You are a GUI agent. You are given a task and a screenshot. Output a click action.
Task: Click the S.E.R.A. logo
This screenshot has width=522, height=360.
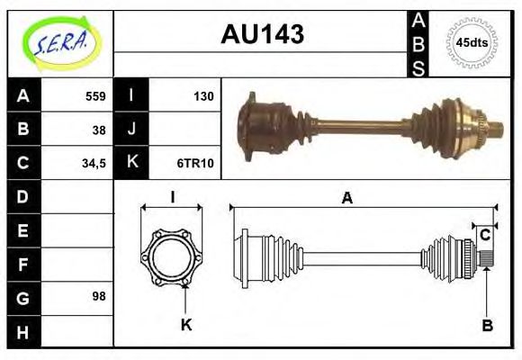pyautogui.click(x=60, y=41)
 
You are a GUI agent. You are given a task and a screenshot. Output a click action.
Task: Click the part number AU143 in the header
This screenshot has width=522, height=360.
pyautogui.click(x=262, y=35)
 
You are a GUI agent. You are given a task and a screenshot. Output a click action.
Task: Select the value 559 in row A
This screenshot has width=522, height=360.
pyautogui.click(x=95, y=96)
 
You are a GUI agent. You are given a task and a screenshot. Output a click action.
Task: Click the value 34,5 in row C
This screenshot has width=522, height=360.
pyautogui.click(x=94, y=163)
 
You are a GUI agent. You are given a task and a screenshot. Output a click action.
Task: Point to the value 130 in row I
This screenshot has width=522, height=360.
pyautogui.click(x=202, y=96)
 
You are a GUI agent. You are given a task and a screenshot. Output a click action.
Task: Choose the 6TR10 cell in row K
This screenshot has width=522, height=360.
pyautogui.click(x=194, y=163)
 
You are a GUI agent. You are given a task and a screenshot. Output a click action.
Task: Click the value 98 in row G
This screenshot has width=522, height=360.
pyautogui.click(x=99, y=296)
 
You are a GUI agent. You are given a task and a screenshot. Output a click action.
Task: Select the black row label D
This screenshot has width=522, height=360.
pyautogui.click(x=23, y=196)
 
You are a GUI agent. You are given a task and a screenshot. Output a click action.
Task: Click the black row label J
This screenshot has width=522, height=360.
pyautogui.click(x=131, y=130)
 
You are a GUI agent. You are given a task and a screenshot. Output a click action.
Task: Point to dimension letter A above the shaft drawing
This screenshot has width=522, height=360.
pyautogui.click(x=347, y=198)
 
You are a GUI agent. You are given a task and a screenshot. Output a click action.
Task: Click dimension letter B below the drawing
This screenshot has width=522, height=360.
pyautogui.click(x=486, y=325)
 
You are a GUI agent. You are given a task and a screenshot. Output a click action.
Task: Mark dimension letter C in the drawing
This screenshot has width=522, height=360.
pyautogui.click(x=485, y=235)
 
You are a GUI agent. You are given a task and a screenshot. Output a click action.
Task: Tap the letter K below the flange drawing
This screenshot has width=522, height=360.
pyautogui.click(x=186, y=325)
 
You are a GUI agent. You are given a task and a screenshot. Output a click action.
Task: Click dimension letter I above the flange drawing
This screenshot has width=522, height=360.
pyautogui.click(x=171, y=197)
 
